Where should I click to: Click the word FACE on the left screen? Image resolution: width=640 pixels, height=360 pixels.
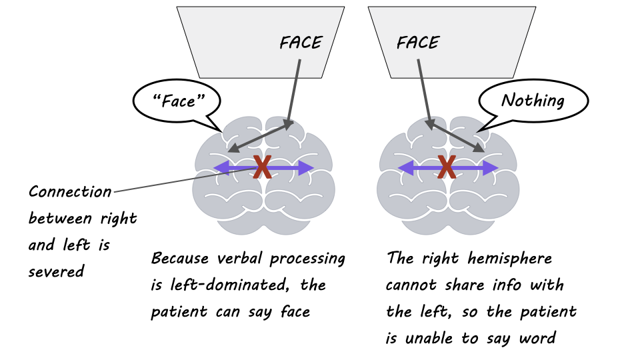coord(301,43)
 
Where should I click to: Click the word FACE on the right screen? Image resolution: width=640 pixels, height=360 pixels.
coord(418,43)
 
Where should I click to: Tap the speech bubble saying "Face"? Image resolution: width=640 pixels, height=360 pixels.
coord(177,101)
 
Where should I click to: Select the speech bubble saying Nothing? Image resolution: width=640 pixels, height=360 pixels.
coord(533,101)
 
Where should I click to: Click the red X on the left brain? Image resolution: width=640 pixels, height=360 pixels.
coord(263,167)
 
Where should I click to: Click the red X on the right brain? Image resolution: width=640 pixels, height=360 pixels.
coord(447,167)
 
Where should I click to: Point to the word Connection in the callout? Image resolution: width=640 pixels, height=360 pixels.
coord(70,192)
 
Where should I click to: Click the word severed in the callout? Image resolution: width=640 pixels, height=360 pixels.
coord(56,272)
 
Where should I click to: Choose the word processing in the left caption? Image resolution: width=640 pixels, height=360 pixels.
coord(309,259)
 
